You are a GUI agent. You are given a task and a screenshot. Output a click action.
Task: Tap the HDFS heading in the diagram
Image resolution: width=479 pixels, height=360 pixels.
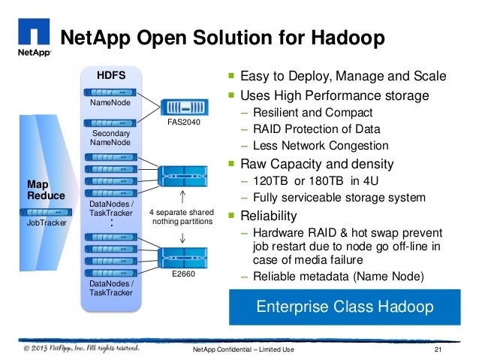pos(111,75)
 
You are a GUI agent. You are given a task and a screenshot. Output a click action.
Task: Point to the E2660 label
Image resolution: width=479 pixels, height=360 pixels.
pos(182,274)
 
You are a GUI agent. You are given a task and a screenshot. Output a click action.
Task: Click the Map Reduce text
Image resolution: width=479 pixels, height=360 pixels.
pos(47,189)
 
